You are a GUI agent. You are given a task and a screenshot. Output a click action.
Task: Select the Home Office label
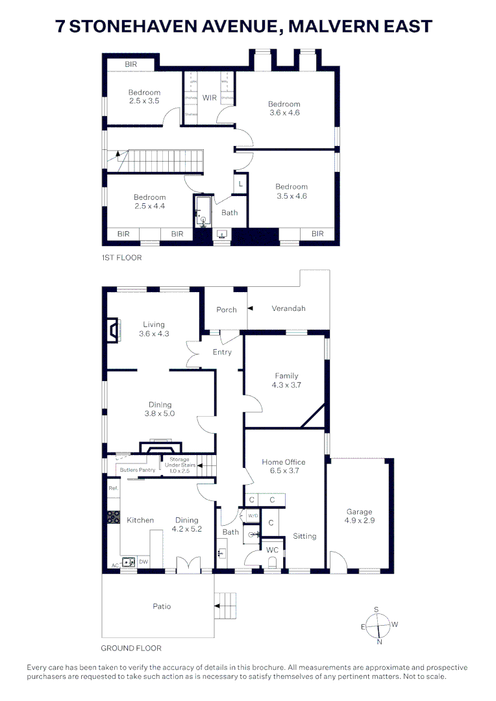point(284,466)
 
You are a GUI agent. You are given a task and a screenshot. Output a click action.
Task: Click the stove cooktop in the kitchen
point(113,517)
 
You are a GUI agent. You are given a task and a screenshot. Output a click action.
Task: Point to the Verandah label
point(288,308)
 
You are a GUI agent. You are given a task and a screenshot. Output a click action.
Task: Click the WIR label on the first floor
point(209,98)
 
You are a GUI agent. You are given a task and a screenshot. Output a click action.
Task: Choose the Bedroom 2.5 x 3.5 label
point(144,97)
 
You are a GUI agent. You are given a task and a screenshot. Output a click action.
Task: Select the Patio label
point(162,606)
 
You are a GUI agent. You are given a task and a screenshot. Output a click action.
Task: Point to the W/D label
point(252,516)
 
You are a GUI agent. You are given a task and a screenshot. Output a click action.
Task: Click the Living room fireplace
point(114,329)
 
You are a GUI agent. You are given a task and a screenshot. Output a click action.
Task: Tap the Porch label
point(227,310)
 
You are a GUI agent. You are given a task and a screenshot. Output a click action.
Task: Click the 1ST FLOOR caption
point(121,258)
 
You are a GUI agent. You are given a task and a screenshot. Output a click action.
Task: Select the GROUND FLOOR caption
point(131,648)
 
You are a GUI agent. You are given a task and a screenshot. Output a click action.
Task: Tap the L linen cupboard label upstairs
point(240,184)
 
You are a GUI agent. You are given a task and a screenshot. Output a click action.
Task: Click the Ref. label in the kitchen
point(112,488)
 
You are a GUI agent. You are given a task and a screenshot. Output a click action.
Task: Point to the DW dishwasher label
point(143,561)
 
